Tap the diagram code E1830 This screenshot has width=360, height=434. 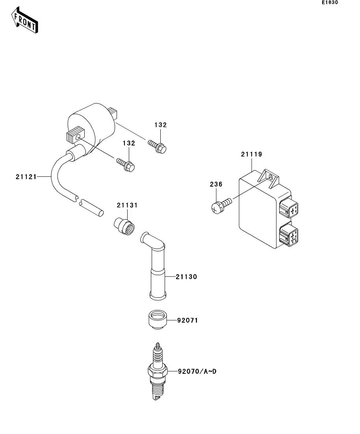tap(330, 3)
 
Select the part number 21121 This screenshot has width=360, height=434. tap(26, 177)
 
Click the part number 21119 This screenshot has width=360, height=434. tap(252, 154)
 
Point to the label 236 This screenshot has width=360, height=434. tap(216, 184)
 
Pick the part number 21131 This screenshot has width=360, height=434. tap(127, 205)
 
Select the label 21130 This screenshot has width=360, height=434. tap(186, 277)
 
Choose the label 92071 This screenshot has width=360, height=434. tap(187, 321)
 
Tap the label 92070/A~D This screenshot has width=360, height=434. tap(197, 371)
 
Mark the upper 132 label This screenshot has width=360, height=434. tap(160, 125)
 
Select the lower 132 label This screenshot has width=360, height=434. tap(129, 143)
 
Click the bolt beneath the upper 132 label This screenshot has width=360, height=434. tap(158, 146)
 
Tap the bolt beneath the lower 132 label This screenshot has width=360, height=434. tap(126, 164)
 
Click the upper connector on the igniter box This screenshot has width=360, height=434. tap(289, 208)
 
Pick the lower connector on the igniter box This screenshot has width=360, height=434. tap(289, 235)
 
